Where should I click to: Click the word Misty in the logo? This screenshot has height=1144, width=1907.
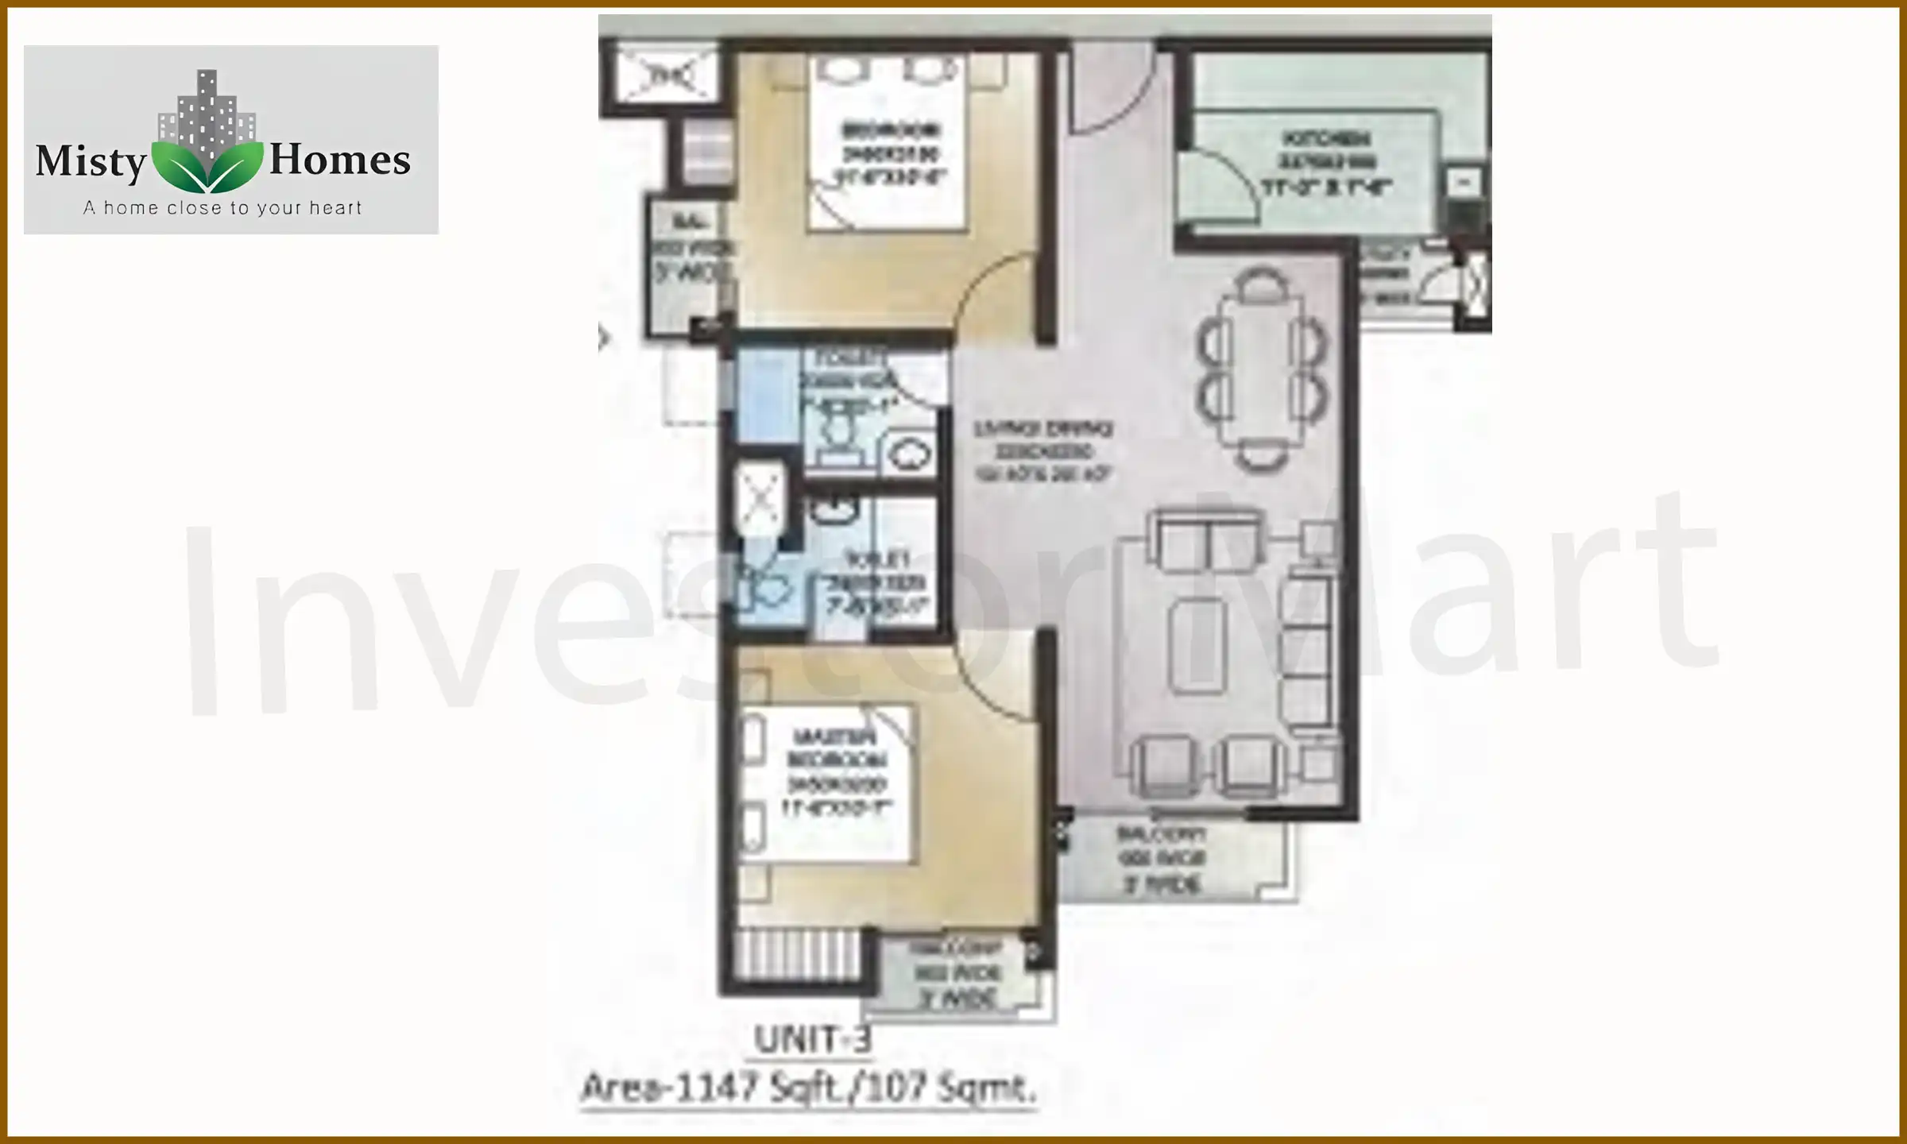[91, 161]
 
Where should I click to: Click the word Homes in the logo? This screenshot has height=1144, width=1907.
[340, 159]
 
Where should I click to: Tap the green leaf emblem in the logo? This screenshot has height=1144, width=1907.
[207, 166]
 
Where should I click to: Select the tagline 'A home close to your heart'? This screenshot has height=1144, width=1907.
[222, 208]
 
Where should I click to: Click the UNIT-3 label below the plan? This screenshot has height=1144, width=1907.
[812, 1039]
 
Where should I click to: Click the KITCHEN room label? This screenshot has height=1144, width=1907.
[1325, 139]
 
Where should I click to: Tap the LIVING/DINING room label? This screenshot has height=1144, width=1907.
[1043, 429]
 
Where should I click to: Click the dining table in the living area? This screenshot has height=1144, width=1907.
[1262, 369]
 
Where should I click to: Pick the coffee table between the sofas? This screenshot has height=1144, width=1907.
[1197, 645]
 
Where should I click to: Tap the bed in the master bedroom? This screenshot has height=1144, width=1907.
[826, 783]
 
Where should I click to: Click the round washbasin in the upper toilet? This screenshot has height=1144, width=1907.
[908, 455]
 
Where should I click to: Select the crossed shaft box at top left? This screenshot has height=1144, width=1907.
[666, 76]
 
